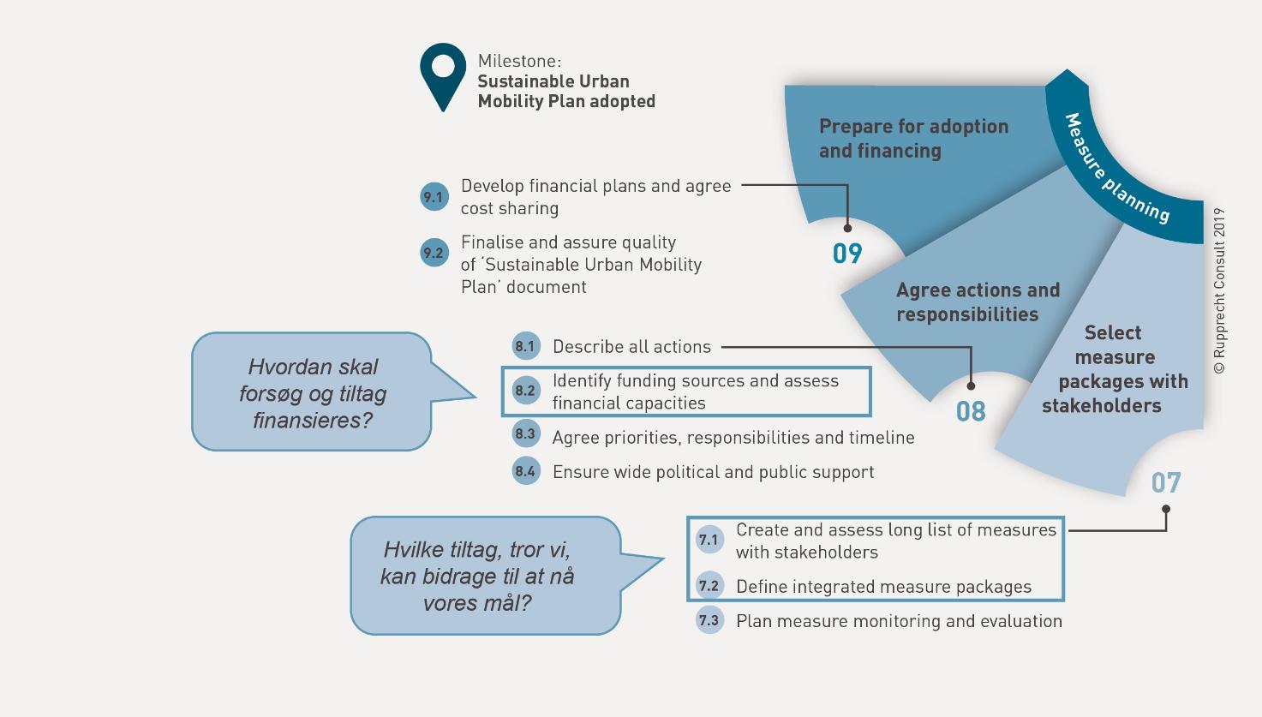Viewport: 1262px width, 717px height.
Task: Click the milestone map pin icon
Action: pos(443,74)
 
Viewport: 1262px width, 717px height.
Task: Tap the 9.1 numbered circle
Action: pos(434,197)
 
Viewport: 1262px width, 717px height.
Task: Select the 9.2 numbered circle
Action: pos(434,253)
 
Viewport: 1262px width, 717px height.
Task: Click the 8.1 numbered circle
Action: pos(525,346)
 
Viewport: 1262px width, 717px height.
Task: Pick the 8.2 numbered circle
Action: pos(525,391)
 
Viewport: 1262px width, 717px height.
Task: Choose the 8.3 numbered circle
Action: pos(525,434)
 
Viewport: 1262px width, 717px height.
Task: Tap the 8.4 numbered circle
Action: pos(525,471)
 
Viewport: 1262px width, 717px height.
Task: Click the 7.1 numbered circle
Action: pos(709,540)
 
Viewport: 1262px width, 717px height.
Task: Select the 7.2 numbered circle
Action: pos(709,586)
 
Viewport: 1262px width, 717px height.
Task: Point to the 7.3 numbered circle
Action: pos(709,620)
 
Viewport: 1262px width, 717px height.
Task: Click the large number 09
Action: pos(847,254)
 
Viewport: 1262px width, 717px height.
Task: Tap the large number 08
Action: pos(971,412)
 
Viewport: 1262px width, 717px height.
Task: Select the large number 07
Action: pos(1166,483)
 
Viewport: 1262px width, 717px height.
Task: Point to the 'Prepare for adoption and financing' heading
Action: pos(913,139)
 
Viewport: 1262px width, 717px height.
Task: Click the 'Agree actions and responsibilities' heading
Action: pos(978,302)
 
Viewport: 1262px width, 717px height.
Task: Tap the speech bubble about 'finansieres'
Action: pos(313,392)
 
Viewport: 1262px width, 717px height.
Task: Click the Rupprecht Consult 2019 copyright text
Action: pos(1219,291)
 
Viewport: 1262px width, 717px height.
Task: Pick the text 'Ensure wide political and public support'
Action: pos(713,472)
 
